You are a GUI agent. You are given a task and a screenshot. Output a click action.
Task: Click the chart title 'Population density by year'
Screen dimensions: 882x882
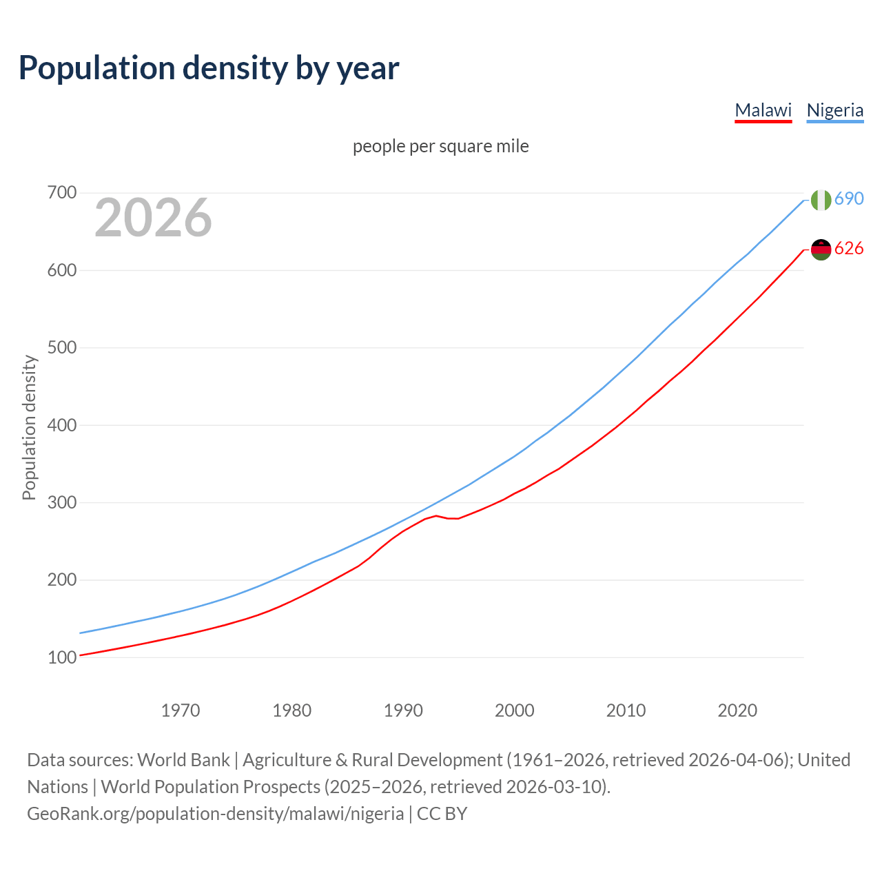[x=209, y=68]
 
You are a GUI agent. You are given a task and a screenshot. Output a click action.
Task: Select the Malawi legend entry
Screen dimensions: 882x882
[x=763, y=110]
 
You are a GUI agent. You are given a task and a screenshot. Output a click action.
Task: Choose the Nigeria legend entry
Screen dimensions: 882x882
[x=834, y=110]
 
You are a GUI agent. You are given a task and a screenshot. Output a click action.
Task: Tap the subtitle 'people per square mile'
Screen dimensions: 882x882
[x=440, y=146]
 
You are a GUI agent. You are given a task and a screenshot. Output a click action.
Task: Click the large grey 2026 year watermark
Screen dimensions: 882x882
[x=153, y=218]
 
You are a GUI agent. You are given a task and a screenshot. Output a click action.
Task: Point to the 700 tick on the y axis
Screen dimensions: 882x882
[x=61, y=193]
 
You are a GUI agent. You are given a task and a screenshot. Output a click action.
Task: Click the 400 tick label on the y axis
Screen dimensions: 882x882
[x=61, y=425]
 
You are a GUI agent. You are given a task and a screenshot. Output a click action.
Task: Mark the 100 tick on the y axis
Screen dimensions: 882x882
[x=61, y=657]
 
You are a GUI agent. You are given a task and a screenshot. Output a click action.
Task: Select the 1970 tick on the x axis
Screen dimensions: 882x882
[x=181, y=710]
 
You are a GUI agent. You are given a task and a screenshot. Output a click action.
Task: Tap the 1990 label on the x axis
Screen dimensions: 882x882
[x=403, y=710]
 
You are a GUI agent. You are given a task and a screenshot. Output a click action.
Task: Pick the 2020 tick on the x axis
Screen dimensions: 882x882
[x=737, y=710]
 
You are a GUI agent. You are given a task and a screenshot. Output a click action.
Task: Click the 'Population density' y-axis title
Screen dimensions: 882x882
[x=29, y=427]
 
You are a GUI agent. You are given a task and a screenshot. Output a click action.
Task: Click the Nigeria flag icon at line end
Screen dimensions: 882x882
[x=821, y=200]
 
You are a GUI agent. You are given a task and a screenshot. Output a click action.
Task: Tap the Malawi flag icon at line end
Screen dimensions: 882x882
[x=821, y=249]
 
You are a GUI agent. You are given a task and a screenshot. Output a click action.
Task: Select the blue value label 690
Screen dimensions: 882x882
[x=849, y=199]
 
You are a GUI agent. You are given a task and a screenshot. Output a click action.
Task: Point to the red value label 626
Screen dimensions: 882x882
[x=849, y=249]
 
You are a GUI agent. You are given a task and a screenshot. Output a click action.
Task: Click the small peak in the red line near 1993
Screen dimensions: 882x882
[x=436, y=515]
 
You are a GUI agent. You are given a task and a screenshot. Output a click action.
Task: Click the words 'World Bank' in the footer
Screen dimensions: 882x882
[x=183, y=760]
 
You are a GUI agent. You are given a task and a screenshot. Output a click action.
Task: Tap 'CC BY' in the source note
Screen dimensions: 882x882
[x=442, y=814]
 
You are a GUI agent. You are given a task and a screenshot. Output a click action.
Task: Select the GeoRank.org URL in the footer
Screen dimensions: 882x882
[x=215, y=814]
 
